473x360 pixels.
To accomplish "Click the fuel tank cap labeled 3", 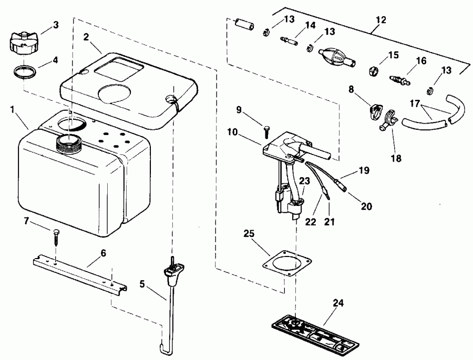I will click(22, 42).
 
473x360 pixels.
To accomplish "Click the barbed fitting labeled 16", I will click(397, 80).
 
